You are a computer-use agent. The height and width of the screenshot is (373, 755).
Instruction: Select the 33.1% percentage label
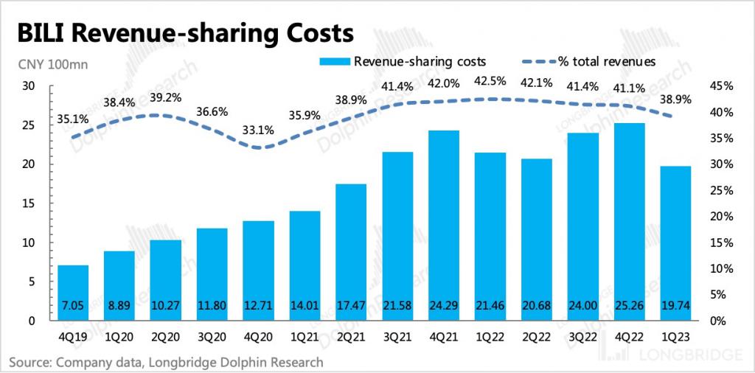click(x=259, y=130)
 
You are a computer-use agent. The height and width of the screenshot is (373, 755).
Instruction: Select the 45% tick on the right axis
click(x=720, y=86)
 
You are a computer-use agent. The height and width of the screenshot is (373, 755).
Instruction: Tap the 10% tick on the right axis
click(x=720, y=269)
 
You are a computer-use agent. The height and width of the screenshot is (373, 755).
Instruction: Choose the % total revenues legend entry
click(x=590, y=61)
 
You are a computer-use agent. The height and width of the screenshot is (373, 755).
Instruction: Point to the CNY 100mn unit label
click(x=53, y=64)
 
